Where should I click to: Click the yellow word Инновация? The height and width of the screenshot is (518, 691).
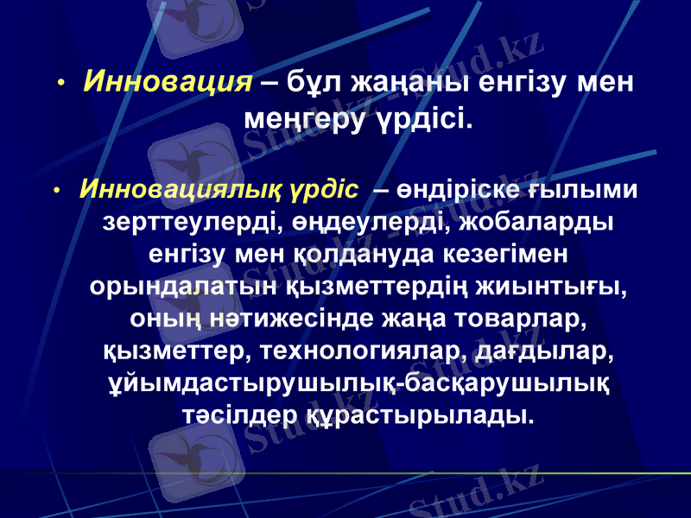[x=168, y=83]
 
